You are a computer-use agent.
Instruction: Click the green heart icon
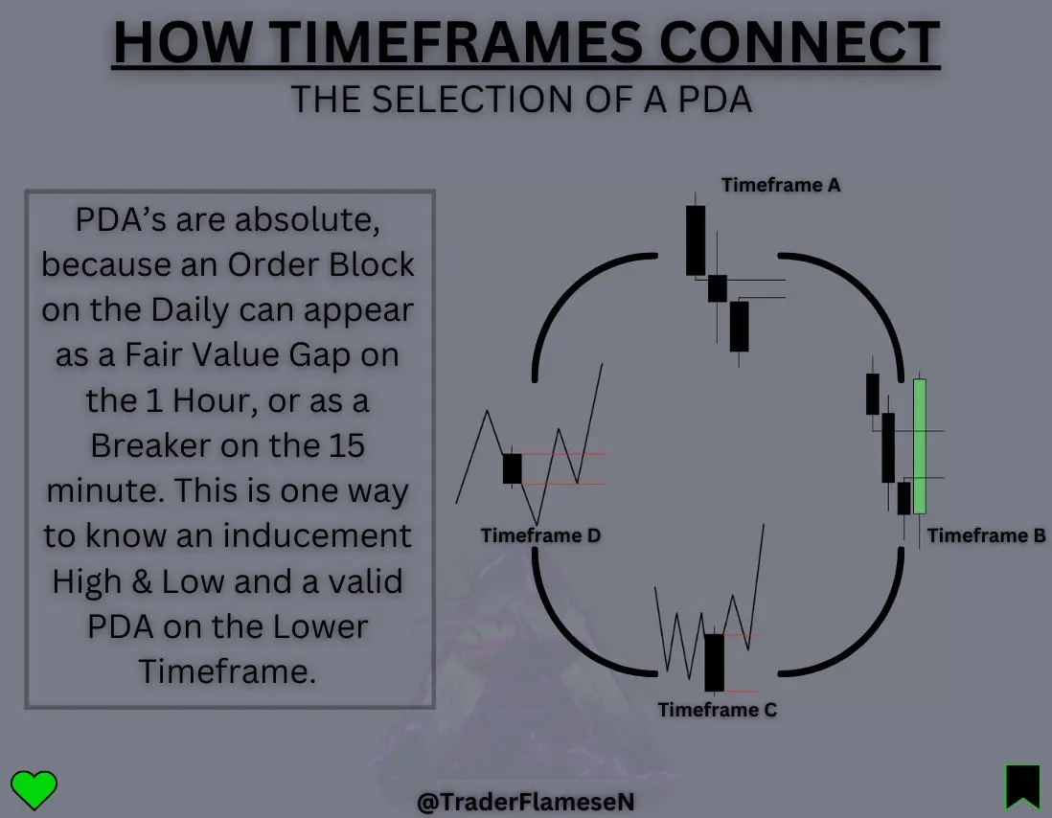pos(34,789)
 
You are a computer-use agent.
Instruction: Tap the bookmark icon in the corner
pos(1022,786)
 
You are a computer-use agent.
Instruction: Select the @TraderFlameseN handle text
pos(525,802)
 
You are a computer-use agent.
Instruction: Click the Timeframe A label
pos(780,185)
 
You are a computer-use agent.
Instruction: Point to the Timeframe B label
pos(986,535)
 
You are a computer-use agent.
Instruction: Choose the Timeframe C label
pos(718,710)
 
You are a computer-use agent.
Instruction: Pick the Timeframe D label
pos(540,535)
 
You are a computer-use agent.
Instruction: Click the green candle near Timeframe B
pos(919,446)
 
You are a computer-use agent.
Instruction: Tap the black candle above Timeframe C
pos(714,663)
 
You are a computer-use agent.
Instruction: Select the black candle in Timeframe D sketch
pos(512,468)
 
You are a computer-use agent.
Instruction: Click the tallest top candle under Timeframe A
pos(696,240)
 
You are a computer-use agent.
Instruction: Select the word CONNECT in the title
pos(800,43)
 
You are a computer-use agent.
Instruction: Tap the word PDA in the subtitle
pos(715,100)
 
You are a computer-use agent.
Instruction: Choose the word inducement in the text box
pos(317,535)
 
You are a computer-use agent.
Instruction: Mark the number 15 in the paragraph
pos(347,445)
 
